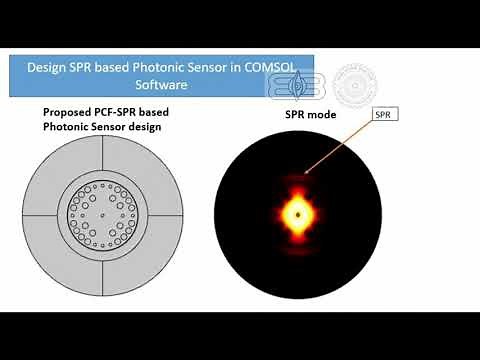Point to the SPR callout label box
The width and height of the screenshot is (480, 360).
pyautogui.click(x=385, y=115)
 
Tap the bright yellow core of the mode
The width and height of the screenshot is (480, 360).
pyautogui.click(x=297, y=213)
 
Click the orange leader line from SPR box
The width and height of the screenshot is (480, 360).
pyautogui.click(x=340, y=148)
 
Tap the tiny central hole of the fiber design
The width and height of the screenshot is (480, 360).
pyautogui.click(x=105, y=213)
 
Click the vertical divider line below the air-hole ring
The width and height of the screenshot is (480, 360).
pyautogui.click(x=105, y=274)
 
